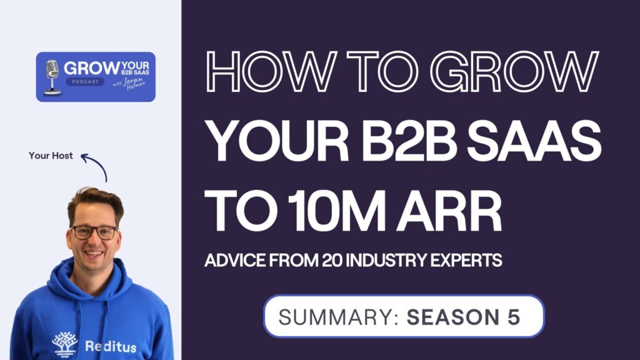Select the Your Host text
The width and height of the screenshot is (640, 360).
coord(51,156)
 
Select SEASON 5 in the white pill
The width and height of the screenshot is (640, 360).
coord(463,316)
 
